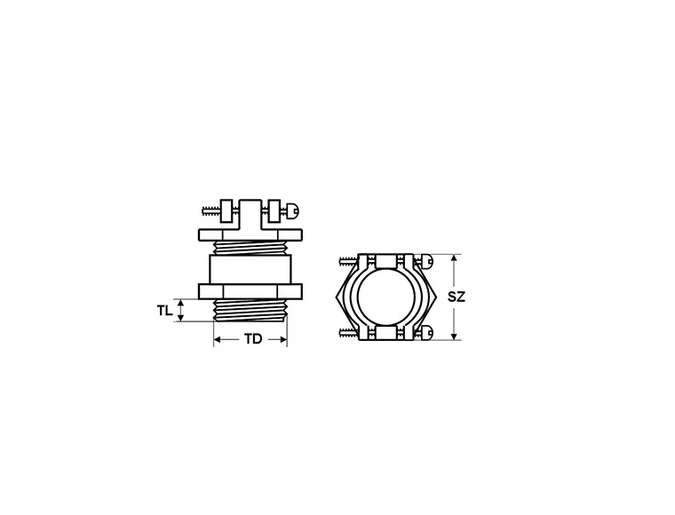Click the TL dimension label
[x=163, y=311]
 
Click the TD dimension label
[x=253, y=340]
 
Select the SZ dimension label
[x=456, y=297]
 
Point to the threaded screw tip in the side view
[x=209, y=210]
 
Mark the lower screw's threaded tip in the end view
[x=346, y=334]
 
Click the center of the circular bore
[x=386, y=297]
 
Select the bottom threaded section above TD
[x=250, y=311]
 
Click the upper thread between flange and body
[x=250, y=248]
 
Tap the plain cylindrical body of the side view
[x=250, y=268]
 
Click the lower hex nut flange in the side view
[x=250, y=291]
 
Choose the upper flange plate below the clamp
[x=250, y=234]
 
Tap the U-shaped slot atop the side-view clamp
[x=250, y=210]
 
